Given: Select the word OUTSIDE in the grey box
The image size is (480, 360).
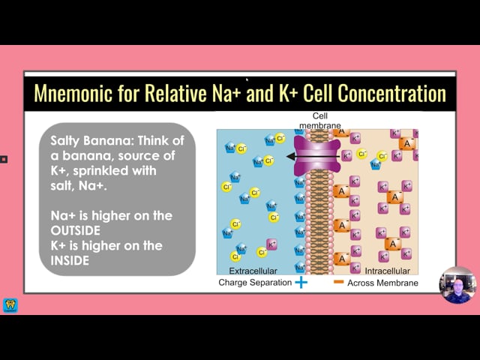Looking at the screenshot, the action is (x=75, y=230).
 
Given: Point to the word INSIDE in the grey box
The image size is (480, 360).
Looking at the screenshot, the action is (x=70, y=260).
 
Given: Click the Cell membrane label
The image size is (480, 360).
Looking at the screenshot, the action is (x=320, y=121).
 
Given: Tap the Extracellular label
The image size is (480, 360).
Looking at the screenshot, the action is (x=253, y=271).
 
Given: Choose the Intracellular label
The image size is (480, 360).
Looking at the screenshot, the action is (x=387, y=271).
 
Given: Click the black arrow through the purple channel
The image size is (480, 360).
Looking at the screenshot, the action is (x=313, y=157).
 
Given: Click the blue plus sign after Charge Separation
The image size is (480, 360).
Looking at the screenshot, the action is (x=301, y=282).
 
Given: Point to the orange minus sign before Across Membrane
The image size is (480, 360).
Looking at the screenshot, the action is (x=338, y=282).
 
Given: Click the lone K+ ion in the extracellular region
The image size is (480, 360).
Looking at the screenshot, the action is (x=271, y=244).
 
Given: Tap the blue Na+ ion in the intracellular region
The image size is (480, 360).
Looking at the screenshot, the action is (x=376, y=164).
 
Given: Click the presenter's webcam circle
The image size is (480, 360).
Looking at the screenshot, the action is (x=458, y=285).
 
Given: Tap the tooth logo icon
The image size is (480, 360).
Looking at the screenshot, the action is (x=10, y=306).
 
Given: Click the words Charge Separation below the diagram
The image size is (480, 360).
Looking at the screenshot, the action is (x=255, y=282).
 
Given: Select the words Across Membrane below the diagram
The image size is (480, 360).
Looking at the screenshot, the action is (x=382, y=283).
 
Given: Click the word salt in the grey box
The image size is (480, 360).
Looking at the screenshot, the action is (x=62, y=185).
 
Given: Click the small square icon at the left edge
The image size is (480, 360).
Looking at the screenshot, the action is (x=4, y=159).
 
